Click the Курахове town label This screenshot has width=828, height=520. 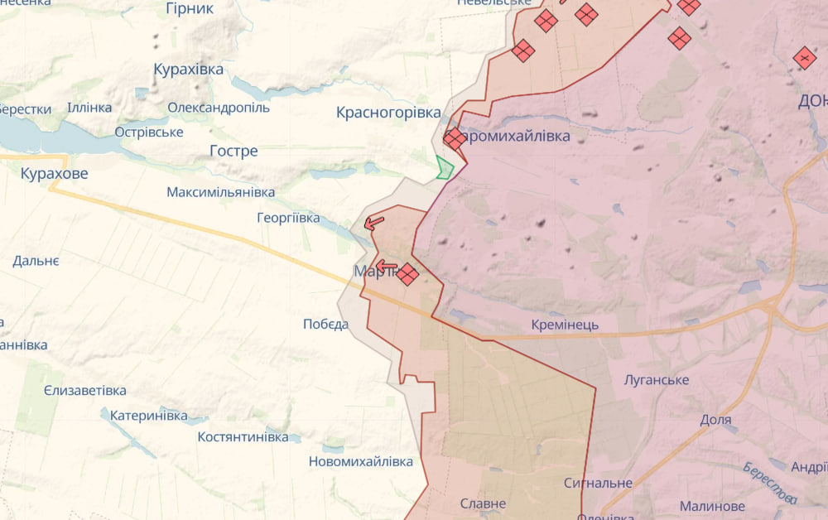54,174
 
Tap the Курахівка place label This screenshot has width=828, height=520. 189,70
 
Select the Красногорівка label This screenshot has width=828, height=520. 388,113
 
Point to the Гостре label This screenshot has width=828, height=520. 233,152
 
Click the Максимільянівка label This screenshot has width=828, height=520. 220,192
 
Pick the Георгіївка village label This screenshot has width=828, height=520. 288,219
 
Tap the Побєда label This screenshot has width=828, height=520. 325,324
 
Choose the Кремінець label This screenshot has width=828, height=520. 565,325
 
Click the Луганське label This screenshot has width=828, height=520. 657,380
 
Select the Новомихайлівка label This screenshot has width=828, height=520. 360,461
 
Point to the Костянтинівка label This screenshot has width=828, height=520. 243,436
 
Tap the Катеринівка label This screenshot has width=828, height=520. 149,415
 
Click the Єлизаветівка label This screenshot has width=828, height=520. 85,391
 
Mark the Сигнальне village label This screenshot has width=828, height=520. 598,483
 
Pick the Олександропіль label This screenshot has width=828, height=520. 219,108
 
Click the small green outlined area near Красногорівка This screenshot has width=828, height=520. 445,167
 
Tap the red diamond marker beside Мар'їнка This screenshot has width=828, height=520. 407,274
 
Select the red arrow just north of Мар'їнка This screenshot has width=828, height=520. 373,222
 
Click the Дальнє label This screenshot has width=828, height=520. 36,261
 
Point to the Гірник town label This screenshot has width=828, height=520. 190,8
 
